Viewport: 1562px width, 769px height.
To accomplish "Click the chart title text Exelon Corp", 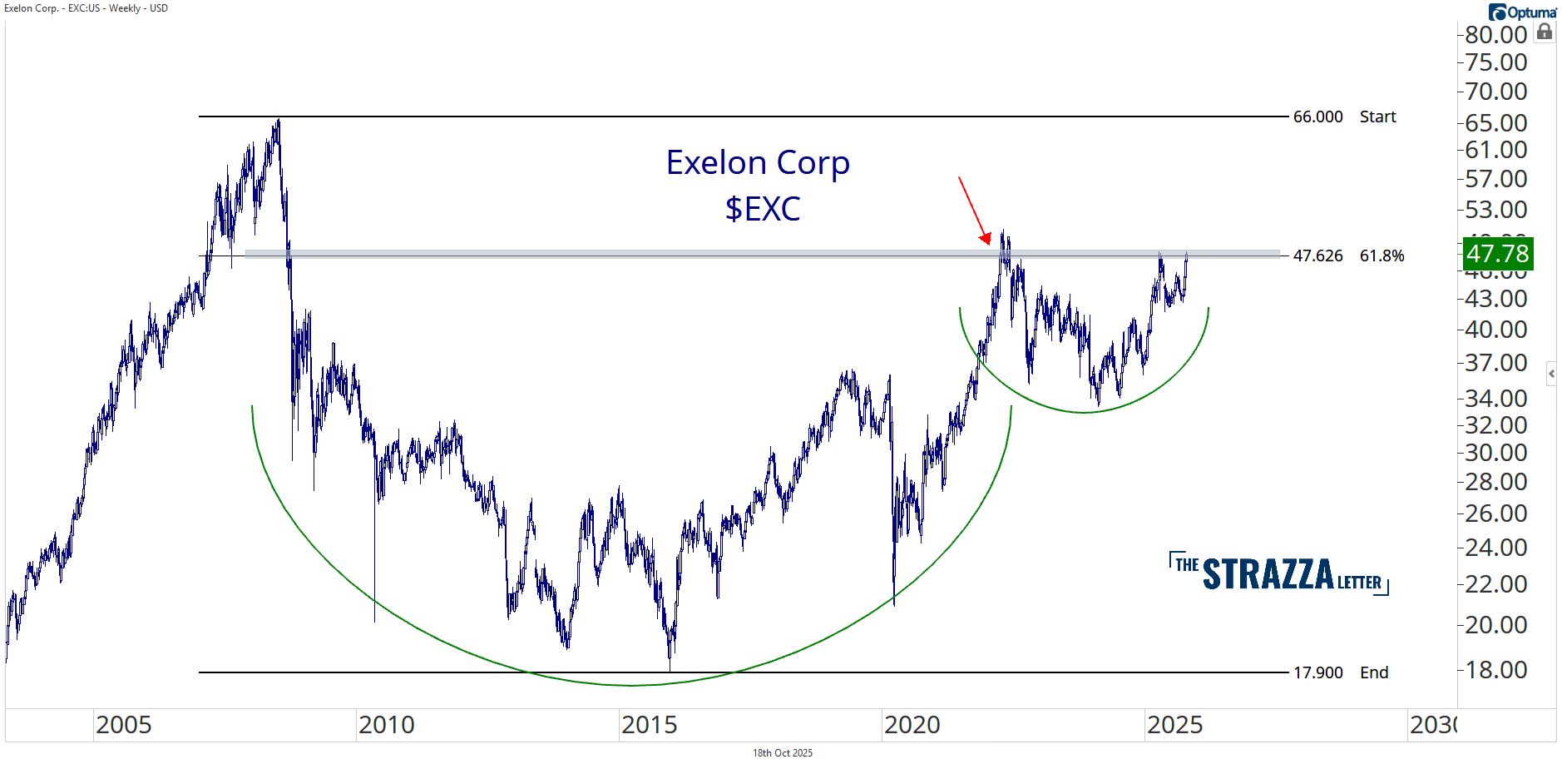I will [758, 162].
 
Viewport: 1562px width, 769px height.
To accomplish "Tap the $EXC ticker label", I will [762, 208].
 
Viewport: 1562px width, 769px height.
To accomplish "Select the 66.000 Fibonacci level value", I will [1317, 117].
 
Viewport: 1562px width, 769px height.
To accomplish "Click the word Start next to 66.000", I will [1377, 117].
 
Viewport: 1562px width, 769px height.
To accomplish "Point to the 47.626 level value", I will [1317, 256].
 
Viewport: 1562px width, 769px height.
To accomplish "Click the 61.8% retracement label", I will [1382, 256].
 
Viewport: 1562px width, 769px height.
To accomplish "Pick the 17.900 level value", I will [1317, 672].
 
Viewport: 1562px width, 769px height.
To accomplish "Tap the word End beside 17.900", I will [1374, 672].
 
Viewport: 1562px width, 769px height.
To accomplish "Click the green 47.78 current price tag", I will [1497, 254].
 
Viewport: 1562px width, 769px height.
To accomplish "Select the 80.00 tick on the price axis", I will [1495, 35].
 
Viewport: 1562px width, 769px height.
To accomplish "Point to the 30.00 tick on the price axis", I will [1495, 453].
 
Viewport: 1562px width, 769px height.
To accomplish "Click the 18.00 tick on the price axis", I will [1495, 670].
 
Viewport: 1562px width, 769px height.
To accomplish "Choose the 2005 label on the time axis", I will [123, 725].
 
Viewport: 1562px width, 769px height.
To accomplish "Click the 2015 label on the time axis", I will [649, 725].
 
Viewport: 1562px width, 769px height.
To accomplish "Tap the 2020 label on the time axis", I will [912, 725].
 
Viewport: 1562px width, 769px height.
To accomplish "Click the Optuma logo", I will [1522, 12].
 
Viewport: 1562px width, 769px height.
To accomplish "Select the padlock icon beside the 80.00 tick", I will [1545, 32].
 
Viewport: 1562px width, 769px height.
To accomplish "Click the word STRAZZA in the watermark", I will [1268, 574].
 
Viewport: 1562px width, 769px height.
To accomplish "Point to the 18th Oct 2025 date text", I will [782, 753].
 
